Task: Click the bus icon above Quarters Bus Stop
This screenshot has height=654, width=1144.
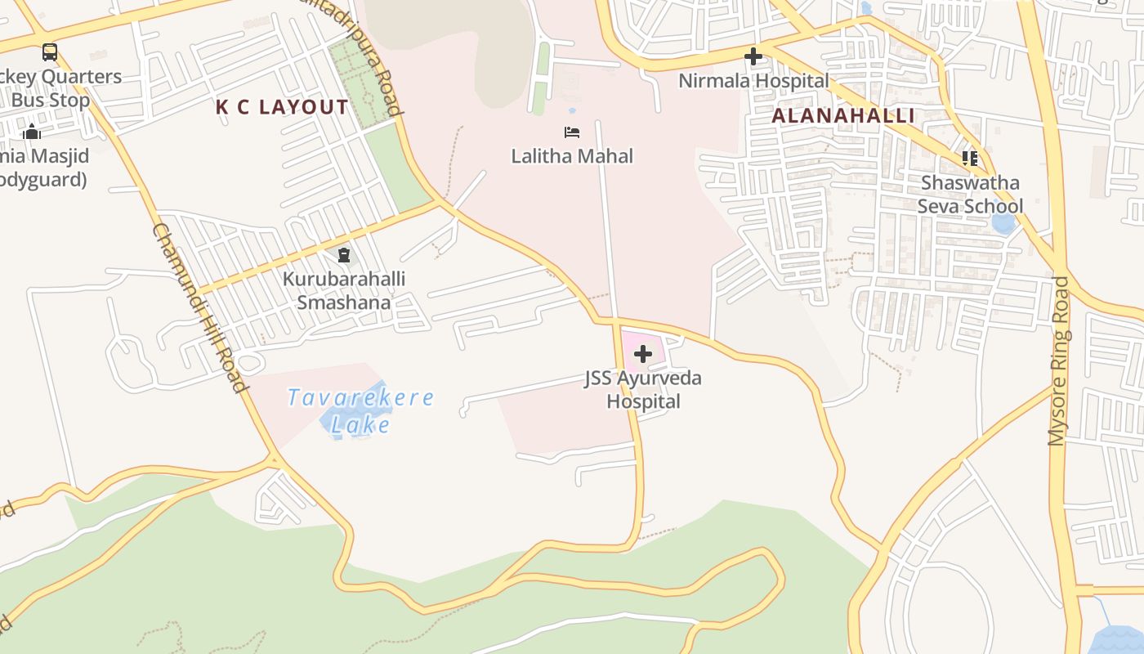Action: [x=50, y=52]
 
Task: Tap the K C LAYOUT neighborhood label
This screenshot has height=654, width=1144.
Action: [x=282, y=107]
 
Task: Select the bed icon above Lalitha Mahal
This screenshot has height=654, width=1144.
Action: [x=572, y=132]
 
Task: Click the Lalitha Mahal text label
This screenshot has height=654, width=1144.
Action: [x=572, y=155]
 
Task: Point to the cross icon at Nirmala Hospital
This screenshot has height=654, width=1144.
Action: [x=753, y=57]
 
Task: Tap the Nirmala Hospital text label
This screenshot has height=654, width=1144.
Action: [x=753, y=81]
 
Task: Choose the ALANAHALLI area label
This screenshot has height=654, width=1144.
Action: [x=843, y=115]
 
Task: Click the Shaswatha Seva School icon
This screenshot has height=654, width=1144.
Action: [x=970, y=158]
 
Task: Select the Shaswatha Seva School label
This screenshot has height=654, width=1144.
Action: [x=970, y=194]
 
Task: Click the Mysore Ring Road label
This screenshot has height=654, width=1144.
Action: [x=1058, y=361]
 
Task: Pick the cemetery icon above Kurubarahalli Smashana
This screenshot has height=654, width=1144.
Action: [x=344, y=256]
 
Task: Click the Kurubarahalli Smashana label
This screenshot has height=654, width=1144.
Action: [x=344, y=290]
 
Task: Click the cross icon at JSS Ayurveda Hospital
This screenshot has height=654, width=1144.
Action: [x=643, y=354]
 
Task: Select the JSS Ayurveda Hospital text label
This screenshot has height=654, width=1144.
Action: [x=643, y=390]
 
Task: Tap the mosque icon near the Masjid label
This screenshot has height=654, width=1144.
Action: [x=32, y=132]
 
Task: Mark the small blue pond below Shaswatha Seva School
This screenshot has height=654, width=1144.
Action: [x=1003, y=223]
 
